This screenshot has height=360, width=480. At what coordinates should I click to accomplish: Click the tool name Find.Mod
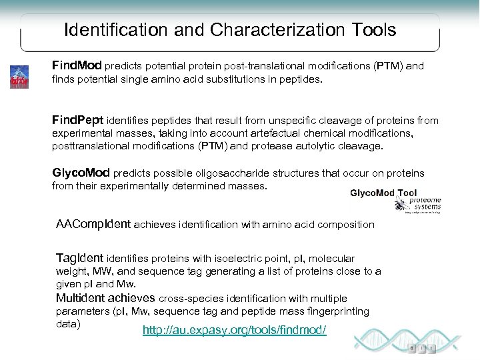click(x=77, y=67)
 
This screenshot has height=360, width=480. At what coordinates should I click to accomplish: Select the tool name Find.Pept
click(x=77, y=121)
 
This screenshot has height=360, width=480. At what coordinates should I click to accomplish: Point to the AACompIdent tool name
click(x=94, y=225)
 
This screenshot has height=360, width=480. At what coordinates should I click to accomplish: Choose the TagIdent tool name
click(x=80, y=258)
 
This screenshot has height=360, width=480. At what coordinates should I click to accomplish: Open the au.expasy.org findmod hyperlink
click(x=235, y=330)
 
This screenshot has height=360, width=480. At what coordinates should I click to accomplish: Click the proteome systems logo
click(x=423, y=203)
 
